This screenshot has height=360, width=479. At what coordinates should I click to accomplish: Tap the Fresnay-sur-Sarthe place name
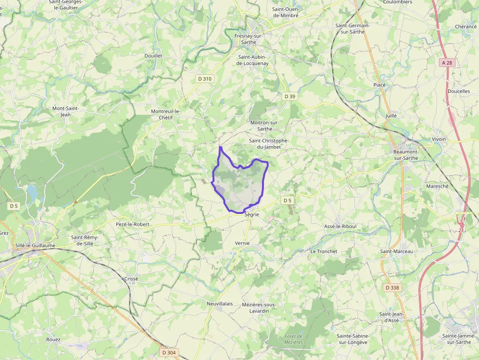[248, 39]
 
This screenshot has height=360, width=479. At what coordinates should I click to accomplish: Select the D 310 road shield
[205, 79]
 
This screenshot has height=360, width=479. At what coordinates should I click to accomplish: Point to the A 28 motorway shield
[446, 63]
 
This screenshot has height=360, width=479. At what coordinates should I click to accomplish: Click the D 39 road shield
[290, 97]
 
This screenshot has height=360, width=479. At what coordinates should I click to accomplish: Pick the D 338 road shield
[392, 288]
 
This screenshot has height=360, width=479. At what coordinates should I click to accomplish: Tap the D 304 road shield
[169, 352]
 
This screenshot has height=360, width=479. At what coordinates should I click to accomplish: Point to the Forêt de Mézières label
[294, 339]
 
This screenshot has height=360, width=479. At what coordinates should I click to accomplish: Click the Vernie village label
[242, 243]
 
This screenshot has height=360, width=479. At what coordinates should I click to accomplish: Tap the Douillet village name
[153, 56]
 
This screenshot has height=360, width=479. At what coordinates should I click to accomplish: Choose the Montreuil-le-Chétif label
[165, 114]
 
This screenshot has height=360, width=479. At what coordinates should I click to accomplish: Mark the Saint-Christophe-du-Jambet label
[269, 144]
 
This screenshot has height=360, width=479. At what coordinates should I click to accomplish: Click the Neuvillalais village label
[219, 303]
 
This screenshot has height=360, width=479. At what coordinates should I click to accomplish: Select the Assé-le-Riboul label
[341, 227]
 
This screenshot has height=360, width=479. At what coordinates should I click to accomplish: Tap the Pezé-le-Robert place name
[132, 224]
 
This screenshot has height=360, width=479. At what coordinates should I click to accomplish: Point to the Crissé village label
[131, 279]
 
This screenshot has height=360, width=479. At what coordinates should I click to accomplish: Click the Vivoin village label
[439, 139]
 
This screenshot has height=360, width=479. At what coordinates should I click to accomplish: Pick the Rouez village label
[53, 339]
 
